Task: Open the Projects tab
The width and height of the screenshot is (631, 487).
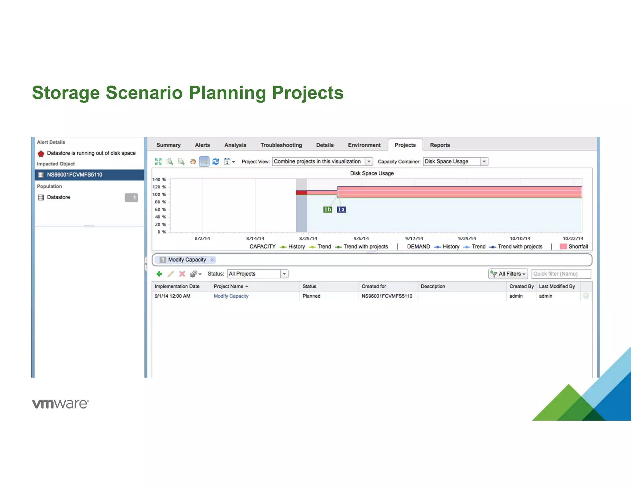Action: [x=405, y=145]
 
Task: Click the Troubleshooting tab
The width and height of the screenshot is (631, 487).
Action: [x=281, y=145]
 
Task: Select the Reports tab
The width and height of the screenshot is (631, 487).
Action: [x=440, y=145]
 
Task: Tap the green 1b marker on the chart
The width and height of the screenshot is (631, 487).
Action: [x=328, y=210]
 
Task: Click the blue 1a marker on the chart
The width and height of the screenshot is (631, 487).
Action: [x=341, y=210]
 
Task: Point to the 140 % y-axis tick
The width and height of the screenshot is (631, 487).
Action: [x=159, y=179]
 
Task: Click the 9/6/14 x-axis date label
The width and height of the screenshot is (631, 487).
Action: [x=361, y=239]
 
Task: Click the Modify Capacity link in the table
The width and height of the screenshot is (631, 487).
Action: [x=231, y=296]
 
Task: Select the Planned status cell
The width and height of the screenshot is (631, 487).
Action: [x=311, y=296]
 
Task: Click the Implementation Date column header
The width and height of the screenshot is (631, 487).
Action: [x=177, y=286]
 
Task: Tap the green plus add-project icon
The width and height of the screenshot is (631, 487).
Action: [x=159, y=274]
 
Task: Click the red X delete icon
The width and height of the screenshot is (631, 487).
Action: [x=182, y=274]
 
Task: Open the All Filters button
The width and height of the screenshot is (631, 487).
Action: [x=508, y=274]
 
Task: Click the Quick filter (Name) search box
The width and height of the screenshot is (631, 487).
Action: [x=561, y=274]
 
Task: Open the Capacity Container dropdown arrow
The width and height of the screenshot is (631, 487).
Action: [x=484, y=162]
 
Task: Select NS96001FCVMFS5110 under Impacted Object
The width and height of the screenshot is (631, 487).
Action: [x=75, y=175]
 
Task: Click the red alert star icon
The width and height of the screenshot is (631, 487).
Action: [x=41, y=153]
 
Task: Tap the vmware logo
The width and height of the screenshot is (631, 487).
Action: [x=61, y=404]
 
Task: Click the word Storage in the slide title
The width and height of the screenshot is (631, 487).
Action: [x=66, y=93]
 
